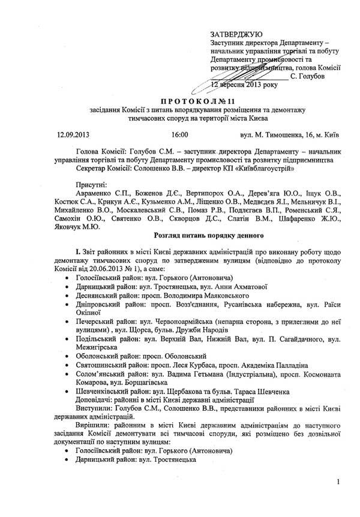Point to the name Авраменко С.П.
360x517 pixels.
(100, 195)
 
